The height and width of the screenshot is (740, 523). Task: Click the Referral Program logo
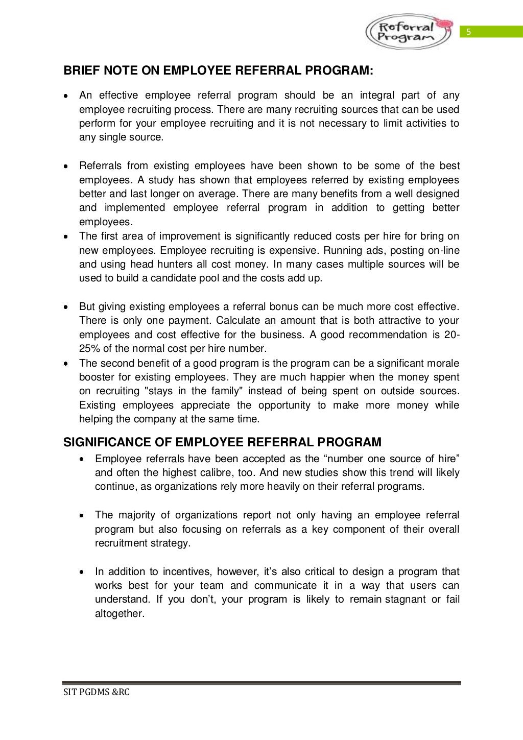[408, 31]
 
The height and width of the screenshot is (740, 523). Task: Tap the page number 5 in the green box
[467, 33]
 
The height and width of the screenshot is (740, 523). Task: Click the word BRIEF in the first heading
[80, 71]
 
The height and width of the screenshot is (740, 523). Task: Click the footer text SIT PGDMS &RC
[97, 693]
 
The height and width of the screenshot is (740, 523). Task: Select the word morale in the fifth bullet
[443, 363]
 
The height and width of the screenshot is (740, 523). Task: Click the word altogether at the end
[120, 613]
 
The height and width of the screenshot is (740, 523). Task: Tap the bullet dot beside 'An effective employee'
[66, 96]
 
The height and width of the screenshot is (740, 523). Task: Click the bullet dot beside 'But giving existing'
[66, 307]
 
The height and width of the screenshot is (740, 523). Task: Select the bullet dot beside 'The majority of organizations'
[82, 516]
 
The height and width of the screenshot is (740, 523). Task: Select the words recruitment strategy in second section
[142, 543]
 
